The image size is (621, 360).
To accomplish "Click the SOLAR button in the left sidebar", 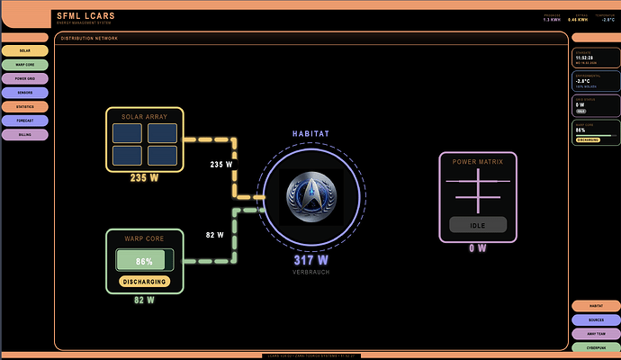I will tap(25, 50).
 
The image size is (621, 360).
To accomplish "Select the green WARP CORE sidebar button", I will tap(25, 65).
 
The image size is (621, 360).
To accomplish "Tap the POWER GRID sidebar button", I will tap(25, 78).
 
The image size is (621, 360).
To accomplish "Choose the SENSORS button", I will tap(25, 92).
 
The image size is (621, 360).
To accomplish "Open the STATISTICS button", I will tap(25, 106).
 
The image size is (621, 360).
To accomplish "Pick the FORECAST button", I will tap(25, 120).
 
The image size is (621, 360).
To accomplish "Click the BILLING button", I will tap(25, 134).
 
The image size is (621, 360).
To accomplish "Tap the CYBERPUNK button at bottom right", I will tap(595, 346).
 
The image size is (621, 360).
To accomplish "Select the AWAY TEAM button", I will tap(595, 333).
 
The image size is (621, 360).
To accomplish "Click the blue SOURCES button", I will tap(595, 319).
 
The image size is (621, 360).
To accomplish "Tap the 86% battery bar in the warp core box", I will tap(144, 260).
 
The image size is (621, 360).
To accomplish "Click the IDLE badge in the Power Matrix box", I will tap(478, 225).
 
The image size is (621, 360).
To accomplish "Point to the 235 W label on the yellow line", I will tap(221, 165).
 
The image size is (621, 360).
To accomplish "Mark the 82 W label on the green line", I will tap(214, 235).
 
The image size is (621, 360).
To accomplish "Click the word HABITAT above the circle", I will tap(311, 134).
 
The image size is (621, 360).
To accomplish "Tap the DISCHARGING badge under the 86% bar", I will tap(144, 281).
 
